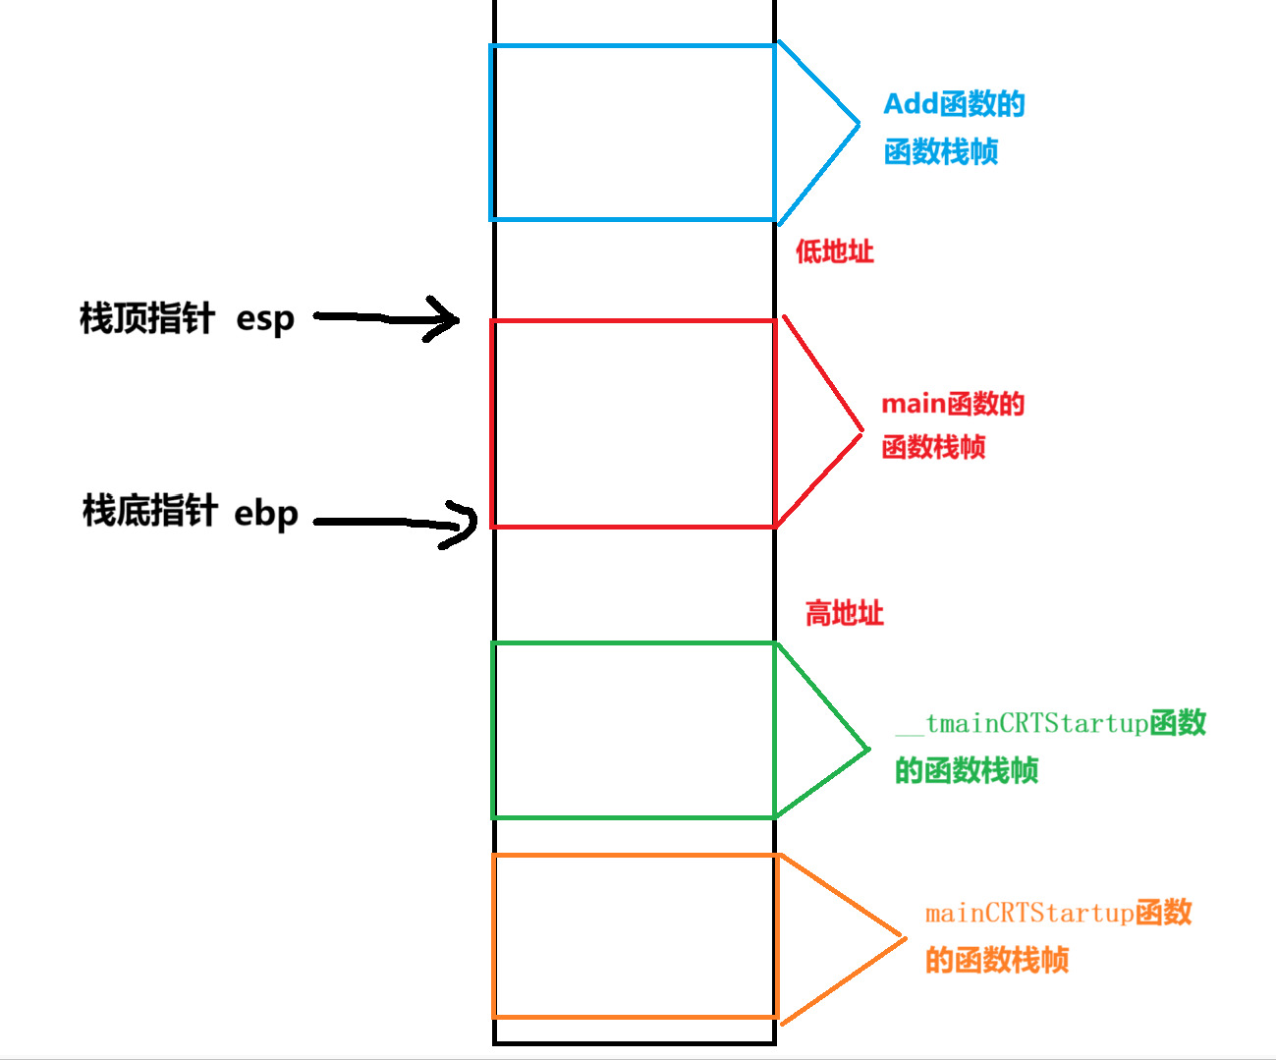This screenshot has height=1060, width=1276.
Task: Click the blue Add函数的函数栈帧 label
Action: pos(953,128)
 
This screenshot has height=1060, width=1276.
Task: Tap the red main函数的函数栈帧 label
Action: pos(952,424)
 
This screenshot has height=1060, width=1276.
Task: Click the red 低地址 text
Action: pos(834,251)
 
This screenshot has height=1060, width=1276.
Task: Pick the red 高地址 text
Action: pos(844,614)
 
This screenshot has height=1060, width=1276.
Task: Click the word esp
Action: pos(265,319)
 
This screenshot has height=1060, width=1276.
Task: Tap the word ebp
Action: pos(265,513)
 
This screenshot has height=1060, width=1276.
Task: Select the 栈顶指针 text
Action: pos(146,318)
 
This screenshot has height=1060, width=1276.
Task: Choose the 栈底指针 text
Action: pos(149,511)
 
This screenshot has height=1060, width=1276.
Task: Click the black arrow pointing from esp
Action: pos(388,317)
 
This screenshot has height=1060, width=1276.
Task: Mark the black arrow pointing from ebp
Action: pos(393,523)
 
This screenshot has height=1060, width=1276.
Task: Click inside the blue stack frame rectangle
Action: pos(633,133)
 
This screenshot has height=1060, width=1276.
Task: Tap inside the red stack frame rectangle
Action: pos(633,423)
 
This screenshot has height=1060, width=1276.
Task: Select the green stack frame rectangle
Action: pos(633,730)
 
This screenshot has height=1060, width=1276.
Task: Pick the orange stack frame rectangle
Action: pos(635,936)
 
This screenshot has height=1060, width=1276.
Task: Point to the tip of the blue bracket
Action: pos(859,124)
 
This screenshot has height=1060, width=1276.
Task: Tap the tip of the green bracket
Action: pos(868,750)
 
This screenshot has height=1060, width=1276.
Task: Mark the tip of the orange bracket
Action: pos(904,938)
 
